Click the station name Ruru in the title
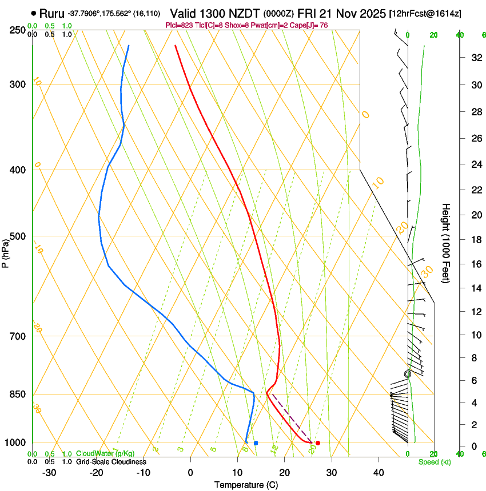coord(51,13)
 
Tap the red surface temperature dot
coord(318,443)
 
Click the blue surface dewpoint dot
coord(256,443)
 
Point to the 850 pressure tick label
coord(18,395)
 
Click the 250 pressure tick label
coord(18,30)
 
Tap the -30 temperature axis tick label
coord(49,473)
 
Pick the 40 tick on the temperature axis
coord(379,473)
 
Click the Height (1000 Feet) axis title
coord(447,243)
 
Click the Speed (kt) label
coord(434,462)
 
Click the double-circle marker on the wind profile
coord(408,374)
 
